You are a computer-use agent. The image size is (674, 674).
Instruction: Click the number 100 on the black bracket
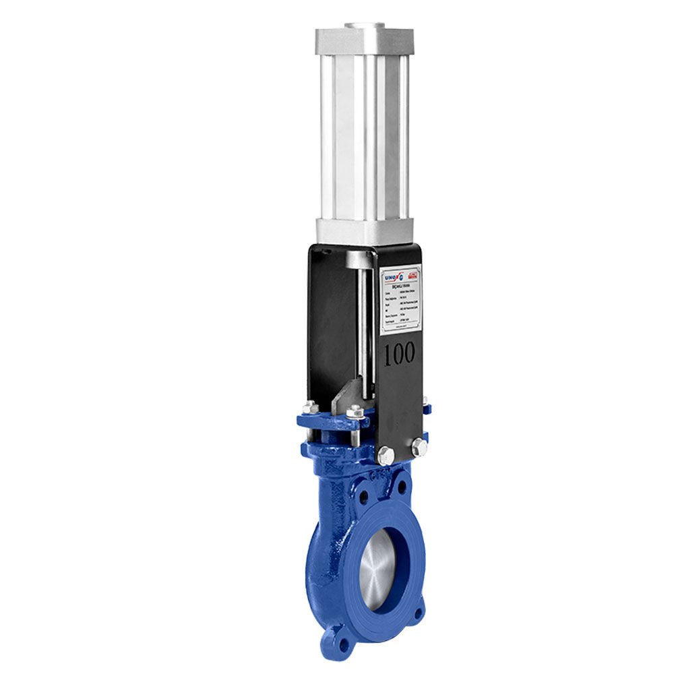click(399, 355)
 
